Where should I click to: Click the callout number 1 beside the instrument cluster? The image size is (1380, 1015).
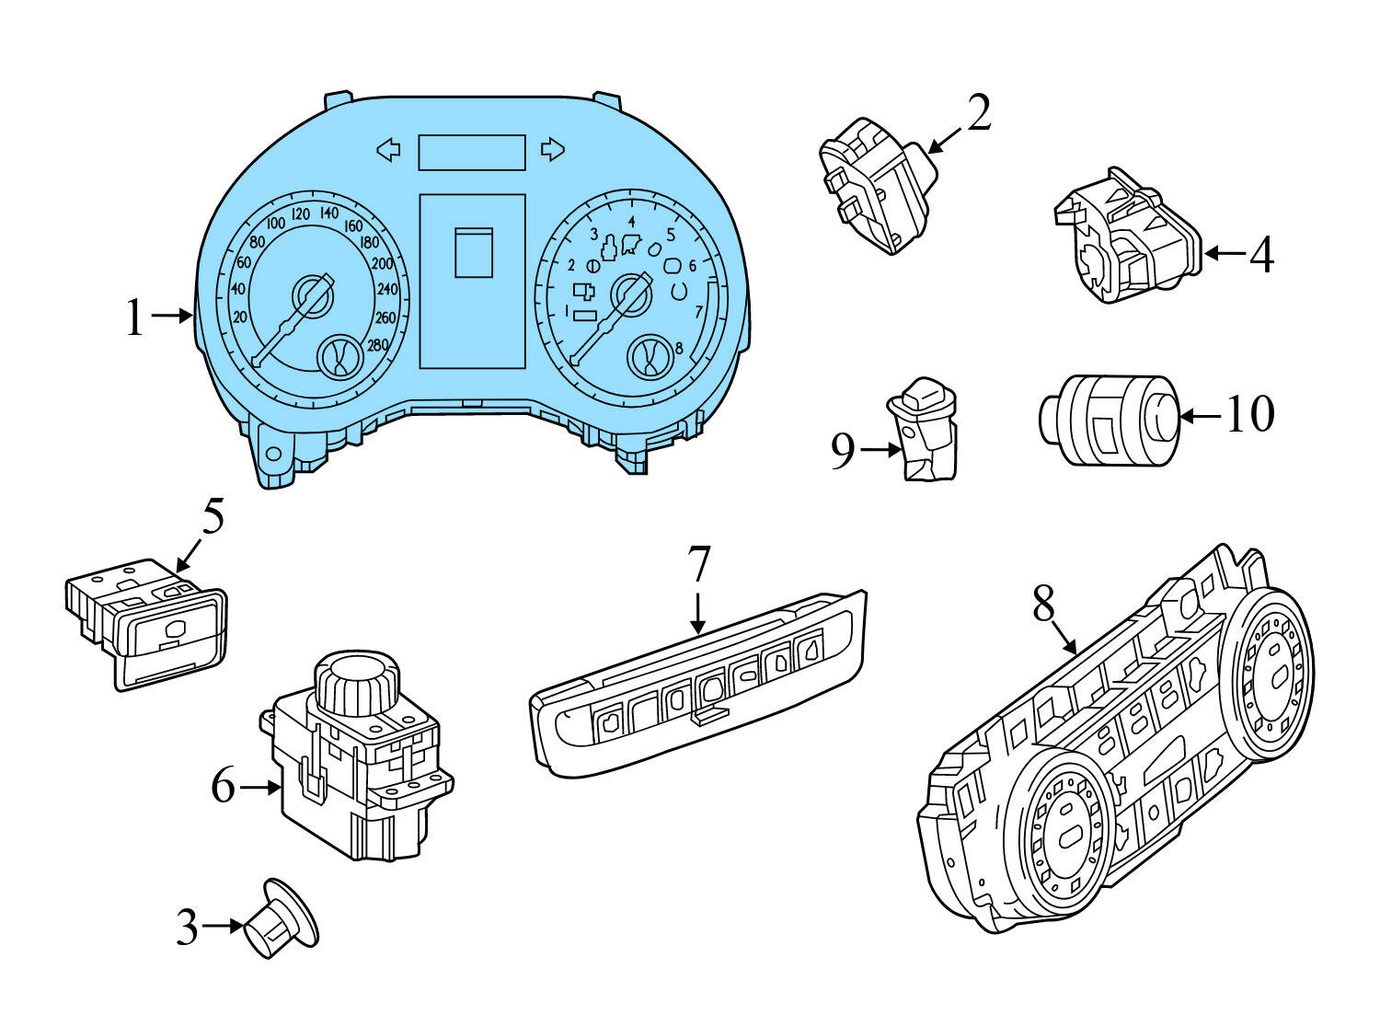coord(135,317)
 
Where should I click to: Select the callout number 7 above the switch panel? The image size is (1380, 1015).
coord(699,564)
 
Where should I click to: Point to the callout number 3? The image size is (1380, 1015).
coord(187,928)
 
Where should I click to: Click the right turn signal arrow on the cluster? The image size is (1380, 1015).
coord(552,149)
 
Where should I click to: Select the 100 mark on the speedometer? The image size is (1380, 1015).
coord(275,224)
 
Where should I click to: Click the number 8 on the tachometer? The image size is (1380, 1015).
coord(678,348)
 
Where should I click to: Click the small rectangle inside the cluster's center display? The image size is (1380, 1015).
coord(474,252)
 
